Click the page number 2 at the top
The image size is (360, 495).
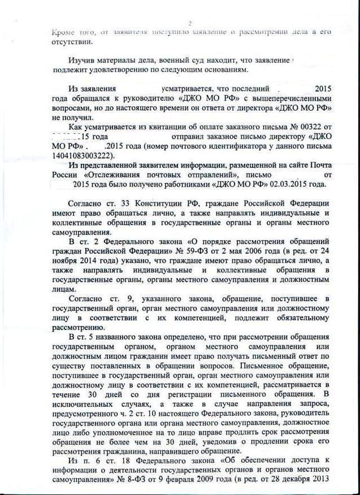pyautogui.click(x=190, y=23)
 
